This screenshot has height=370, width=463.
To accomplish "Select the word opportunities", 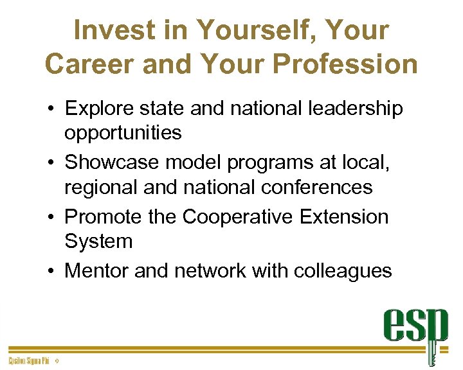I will [123, 132].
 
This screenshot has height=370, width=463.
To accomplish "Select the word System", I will [98, 242].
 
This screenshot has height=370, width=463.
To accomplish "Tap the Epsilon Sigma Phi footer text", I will [28, 361].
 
